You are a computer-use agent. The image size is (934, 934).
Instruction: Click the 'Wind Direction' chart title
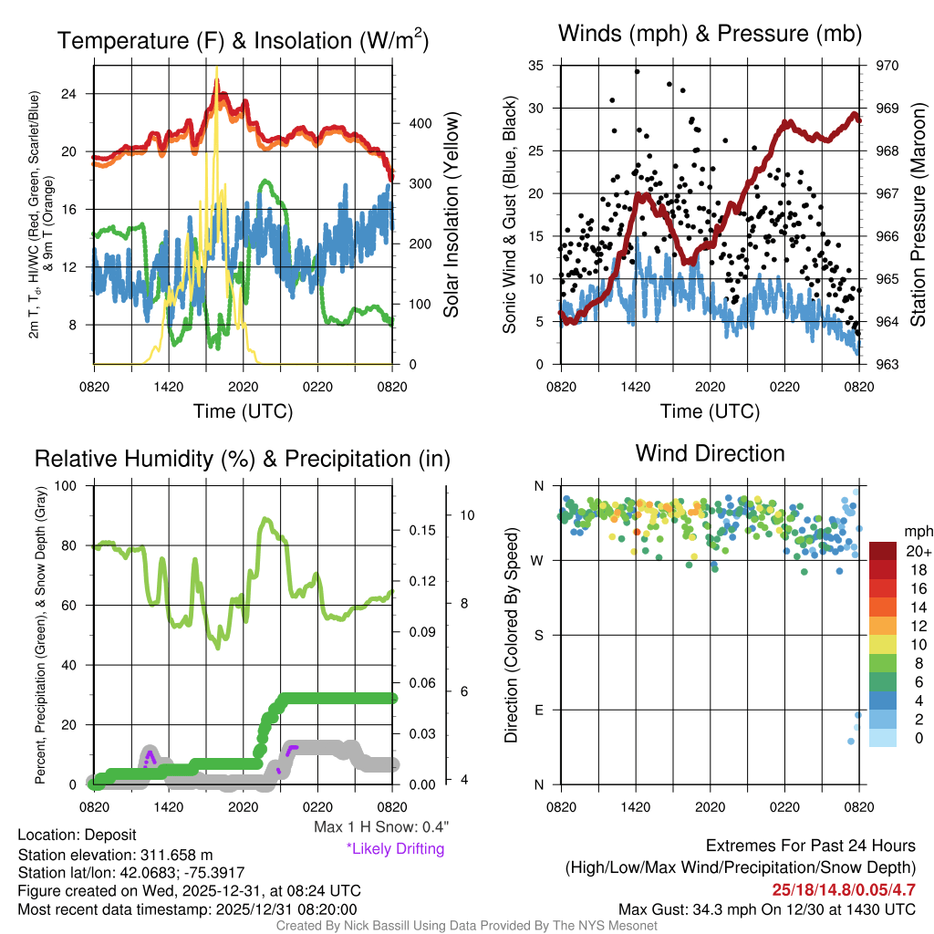tap(710, 453)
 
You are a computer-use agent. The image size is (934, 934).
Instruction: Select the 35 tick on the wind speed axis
tap(536, 66)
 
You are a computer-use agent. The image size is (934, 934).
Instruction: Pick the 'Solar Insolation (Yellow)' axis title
tap(451, 214)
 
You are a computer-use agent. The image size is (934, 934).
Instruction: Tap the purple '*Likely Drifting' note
tap(395, 848)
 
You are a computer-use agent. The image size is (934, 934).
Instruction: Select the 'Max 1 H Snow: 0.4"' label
tap(380, 827)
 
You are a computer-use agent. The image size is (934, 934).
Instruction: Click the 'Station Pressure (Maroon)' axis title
tap(918, 215)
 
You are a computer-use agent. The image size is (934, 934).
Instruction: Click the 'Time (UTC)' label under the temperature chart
tap(243, 411)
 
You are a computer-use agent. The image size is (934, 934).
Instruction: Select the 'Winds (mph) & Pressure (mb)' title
tap(710, 35)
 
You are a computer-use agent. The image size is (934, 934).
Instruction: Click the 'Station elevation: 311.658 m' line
tap(115, 855)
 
